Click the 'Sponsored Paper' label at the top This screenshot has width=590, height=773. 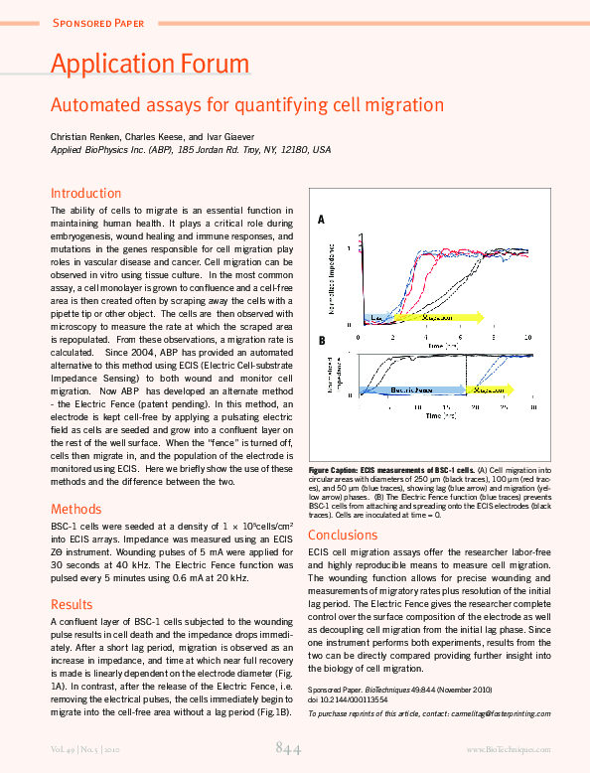pos(97,22)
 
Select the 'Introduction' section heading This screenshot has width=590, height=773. pos(85,193)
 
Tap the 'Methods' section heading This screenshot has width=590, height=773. pos(75,508)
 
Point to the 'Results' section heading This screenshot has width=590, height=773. pos(72,603)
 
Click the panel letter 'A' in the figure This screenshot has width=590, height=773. pos(321,219)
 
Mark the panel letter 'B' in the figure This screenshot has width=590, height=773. pos(321,341)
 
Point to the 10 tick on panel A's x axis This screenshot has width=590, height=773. pos(527,337)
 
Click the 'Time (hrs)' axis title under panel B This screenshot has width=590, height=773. pos(441,417)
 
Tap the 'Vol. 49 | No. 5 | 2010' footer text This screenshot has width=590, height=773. pos(89,749)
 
